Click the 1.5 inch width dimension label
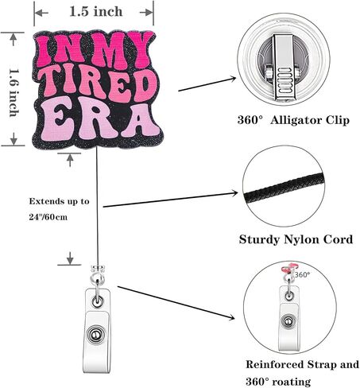[96, 12]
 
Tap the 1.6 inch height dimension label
[14, 93]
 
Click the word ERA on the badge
[102, 119]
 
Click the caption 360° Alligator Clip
[293, 120]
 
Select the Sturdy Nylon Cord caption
[296, 239]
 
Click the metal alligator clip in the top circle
[284, 68]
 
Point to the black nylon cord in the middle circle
[284, 188]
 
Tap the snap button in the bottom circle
[288, 321]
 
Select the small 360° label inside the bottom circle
[302, 275]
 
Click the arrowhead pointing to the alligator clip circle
[233, 78]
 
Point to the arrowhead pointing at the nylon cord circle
[234, 193]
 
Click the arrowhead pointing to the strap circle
[231, 317]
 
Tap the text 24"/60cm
[48, 217]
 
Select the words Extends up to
[59, 201]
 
